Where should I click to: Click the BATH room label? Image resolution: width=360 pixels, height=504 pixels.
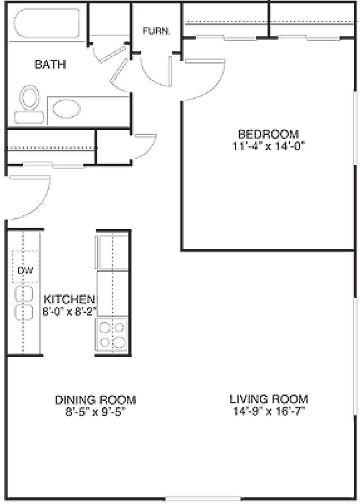(50, 64)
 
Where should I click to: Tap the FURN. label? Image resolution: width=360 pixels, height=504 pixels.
(156, 31)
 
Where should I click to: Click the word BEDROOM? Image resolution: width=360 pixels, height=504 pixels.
(269, 134)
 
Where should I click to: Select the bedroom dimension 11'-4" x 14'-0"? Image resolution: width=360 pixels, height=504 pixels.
(269, 147)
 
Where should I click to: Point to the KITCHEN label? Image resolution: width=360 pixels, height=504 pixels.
(69, 299)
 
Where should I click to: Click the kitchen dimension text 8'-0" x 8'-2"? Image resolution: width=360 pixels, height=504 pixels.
(70, 312)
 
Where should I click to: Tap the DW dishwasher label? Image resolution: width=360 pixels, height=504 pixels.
(26, 270)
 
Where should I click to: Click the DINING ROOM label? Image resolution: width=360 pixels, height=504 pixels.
(96, 400)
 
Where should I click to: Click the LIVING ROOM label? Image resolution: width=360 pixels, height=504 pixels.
(269, 399)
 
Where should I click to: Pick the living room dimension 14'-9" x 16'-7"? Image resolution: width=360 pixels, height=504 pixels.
(269, 412)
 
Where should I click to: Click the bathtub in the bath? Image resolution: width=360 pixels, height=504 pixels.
(47, 23)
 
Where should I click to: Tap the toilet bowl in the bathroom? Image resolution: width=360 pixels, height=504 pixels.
(30, 98)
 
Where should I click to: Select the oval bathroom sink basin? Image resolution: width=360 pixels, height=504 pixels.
(67, 109)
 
